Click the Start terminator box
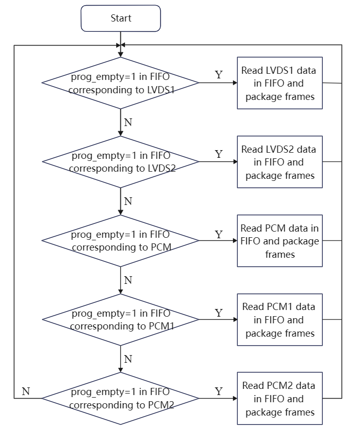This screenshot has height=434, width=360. coord(121,18)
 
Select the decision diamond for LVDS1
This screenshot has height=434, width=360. coord(120,83)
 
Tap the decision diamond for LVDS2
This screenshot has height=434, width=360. coord(120,162)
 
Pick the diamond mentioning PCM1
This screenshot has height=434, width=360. coord(120,320)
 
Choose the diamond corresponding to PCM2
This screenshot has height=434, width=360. coord(120,399)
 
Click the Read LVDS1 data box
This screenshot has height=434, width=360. coord(280,83)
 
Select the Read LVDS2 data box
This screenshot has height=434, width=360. coord(280,162)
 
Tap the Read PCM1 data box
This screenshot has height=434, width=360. coord(280,320)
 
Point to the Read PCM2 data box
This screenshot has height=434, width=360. coord(280,399)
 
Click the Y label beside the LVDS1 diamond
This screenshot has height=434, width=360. coord(219,75)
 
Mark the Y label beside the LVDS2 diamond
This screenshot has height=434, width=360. coord(219,154)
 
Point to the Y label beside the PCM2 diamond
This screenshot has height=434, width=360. coord(219,391)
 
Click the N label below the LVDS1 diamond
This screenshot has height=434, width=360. coord(128,122)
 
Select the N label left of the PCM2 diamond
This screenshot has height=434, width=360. coord(26,391)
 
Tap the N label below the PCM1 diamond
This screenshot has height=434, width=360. coord(128,359)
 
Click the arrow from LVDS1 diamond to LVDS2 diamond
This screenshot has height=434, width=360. coord(120,122)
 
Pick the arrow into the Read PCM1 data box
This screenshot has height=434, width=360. coord(218,320)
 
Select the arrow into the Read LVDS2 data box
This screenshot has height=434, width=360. coord(218,162)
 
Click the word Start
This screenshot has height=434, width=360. coord(121,18)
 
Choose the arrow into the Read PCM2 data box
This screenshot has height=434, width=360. coord(218,399)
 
